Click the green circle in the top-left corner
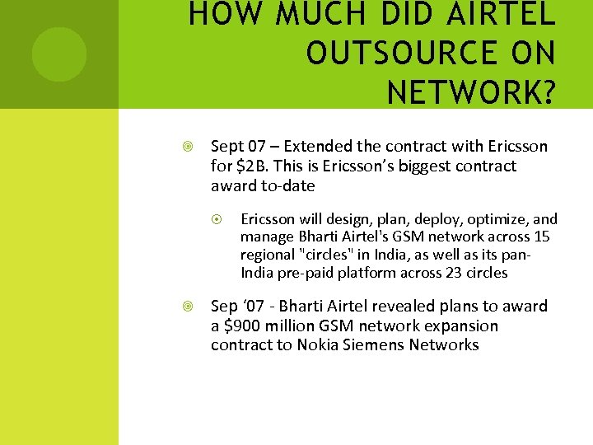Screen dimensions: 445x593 coord(58,54)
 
